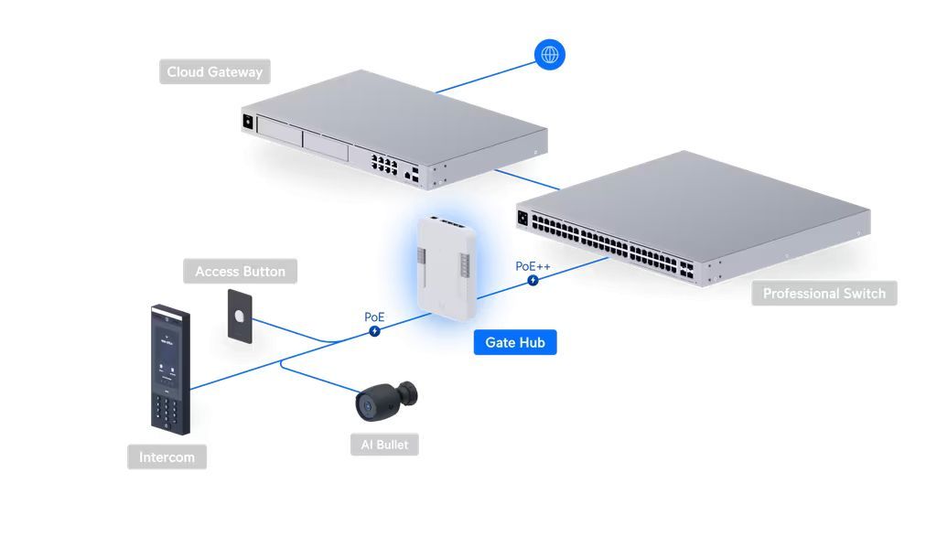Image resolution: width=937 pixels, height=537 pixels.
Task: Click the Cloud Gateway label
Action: pyautogui.click(x=214, y=72)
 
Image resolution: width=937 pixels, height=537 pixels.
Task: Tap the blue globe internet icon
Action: pyautogui.click(x=550, y=55)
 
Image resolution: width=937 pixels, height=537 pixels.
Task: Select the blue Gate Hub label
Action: pyautogui.click(x=514, y=342)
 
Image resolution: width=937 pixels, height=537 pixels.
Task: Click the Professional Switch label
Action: pyautogui.click(x=824, y=294)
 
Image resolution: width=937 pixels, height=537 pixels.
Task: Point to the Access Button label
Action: pyautogui.click(x=240, y=272)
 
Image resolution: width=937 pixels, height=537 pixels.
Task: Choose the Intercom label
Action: pyautogui.click(x=167, y=457)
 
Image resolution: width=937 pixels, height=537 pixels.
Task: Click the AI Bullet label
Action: pyautogui.click(x=384, y=446)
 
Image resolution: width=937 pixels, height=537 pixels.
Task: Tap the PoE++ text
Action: pyautogui.click(x=533, y=266)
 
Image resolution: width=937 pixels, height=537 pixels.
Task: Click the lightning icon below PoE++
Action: pyautogui.click(x=533, y=280)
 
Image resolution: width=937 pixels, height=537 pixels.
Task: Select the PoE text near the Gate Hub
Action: pyautogui.click(x=374, y=317)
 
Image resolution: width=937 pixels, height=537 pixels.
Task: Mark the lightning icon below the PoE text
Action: pyautogui.click(x=374, y=330)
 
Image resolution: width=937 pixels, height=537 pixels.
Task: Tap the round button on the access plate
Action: pyautogui.click(x=238, y=316)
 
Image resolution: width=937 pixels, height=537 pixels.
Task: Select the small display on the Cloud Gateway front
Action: pyautogui.click(x=247, y=120)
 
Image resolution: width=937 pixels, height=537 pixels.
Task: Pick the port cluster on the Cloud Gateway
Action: pyautogui.click(x=384, y=165)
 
